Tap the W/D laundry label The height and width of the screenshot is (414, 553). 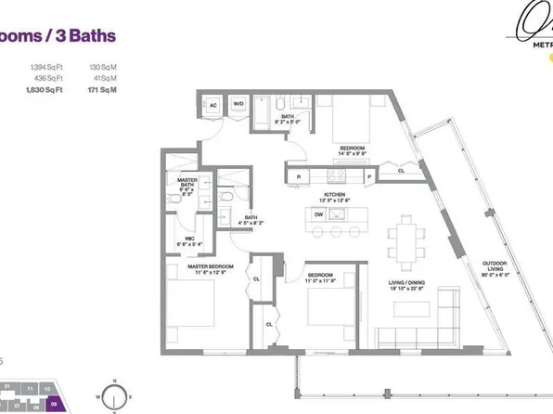[x=238, y=103]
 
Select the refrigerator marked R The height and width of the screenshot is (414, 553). [x=299, y=175]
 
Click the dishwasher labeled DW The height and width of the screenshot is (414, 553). [x=318, y=213]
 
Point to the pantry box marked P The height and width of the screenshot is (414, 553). [x=368, y=175]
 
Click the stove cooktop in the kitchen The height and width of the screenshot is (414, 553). [x=336, y=175]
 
